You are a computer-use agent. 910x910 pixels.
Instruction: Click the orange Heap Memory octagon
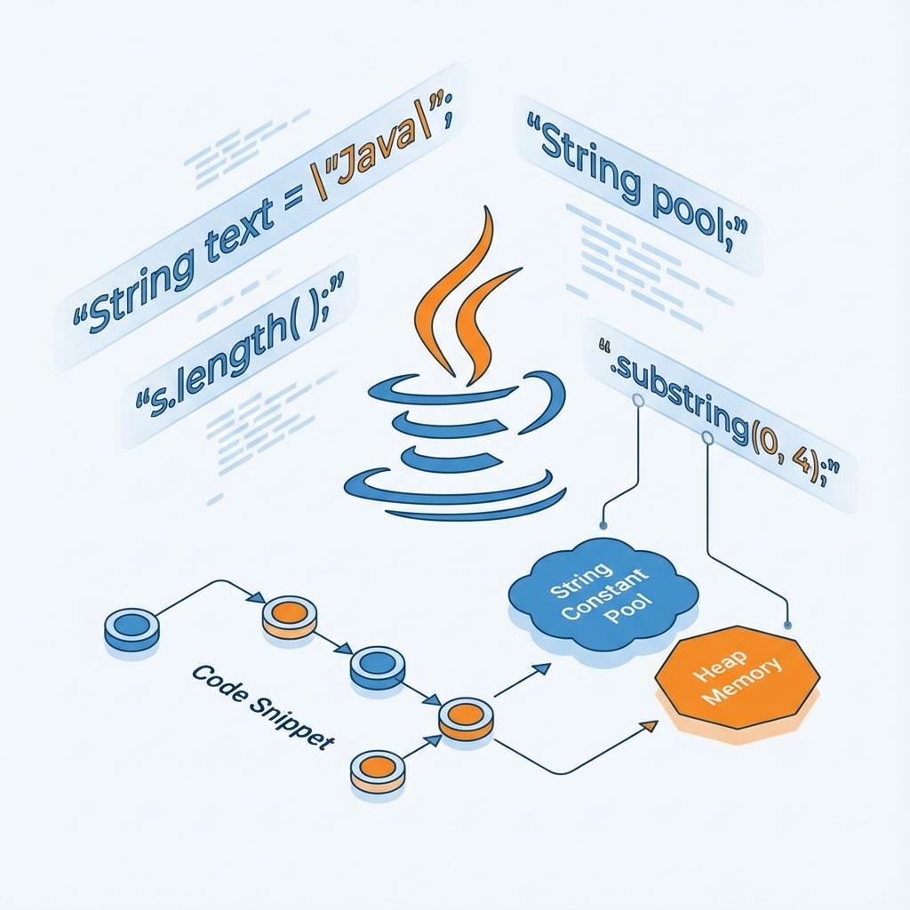coord(737,679)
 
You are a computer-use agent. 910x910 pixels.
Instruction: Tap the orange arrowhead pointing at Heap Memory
coord(649,725)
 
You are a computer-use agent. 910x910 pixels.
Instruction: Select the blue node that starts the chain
coord(132,627)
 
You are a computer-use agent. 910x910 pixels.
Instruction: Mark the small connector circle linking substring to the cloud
coord(637,401)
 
